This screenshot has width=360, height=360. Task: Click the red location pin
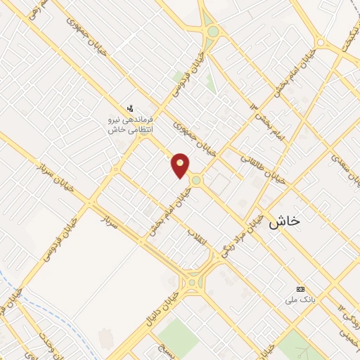181,165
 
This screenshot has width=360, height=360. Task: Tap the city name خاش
283,220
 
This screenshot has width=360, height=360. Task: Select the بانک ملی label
296,300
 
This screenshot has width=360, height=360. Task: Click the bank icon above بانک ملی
301,289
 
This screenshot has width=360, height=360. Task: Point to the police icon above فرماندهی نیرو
130,108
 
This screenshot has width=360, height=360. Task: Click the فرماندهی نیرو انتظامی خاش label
130,124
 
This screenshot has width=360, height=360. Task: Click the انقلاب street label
198,240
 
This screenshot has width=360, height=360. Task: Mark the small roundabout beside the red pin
196,181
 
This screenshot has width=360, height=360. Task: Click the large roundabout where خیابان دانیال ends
191,283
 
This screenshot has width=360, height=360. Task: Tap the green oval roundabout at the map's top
212,32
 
